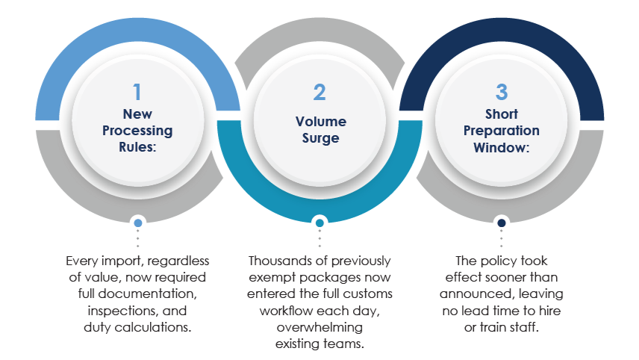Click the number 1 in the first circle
point(137,93)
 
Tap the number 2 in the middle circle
point(319,93)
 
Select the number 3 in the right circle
point(501,93)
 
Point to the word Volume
point(319,122)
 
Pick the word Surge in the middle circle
point(319,139)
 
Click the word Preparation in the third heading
point(501,131)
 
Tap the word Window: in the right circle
point(501,147)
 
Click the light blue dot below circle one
point(137,223)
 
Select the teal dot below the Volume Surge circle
point(319,223)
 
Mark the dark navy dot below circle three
point(501,223)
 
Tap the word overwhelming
point(319,326)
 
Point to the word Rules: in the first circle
point(137,147)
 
